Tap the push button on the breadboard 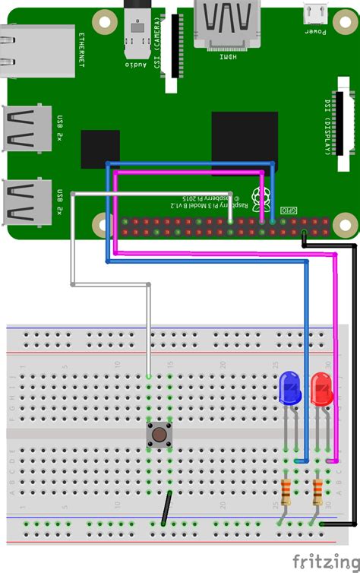coord(159,435)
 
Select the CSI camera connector coord(175,46)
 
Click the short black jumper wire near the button coord(166,508)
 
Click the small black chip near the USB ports coord(100,149)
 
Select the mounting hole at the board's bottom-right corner coord(333,223)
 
